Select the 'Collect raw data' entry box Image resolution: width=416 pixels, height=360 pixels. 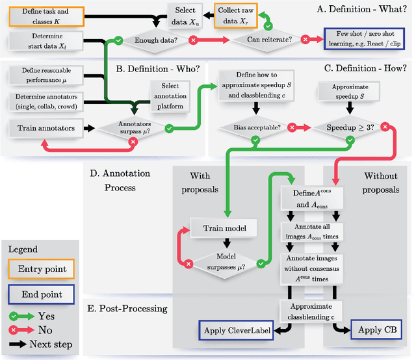[235, 16]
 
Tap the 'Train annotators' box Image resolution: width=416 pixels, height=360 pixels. [46, 128]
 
